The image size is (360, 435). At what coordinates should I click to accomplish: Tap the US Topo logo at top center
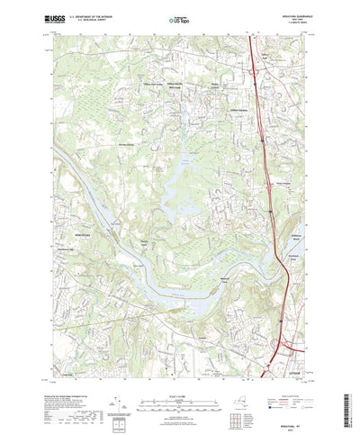pyautogui.click(x=179, y=17)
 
